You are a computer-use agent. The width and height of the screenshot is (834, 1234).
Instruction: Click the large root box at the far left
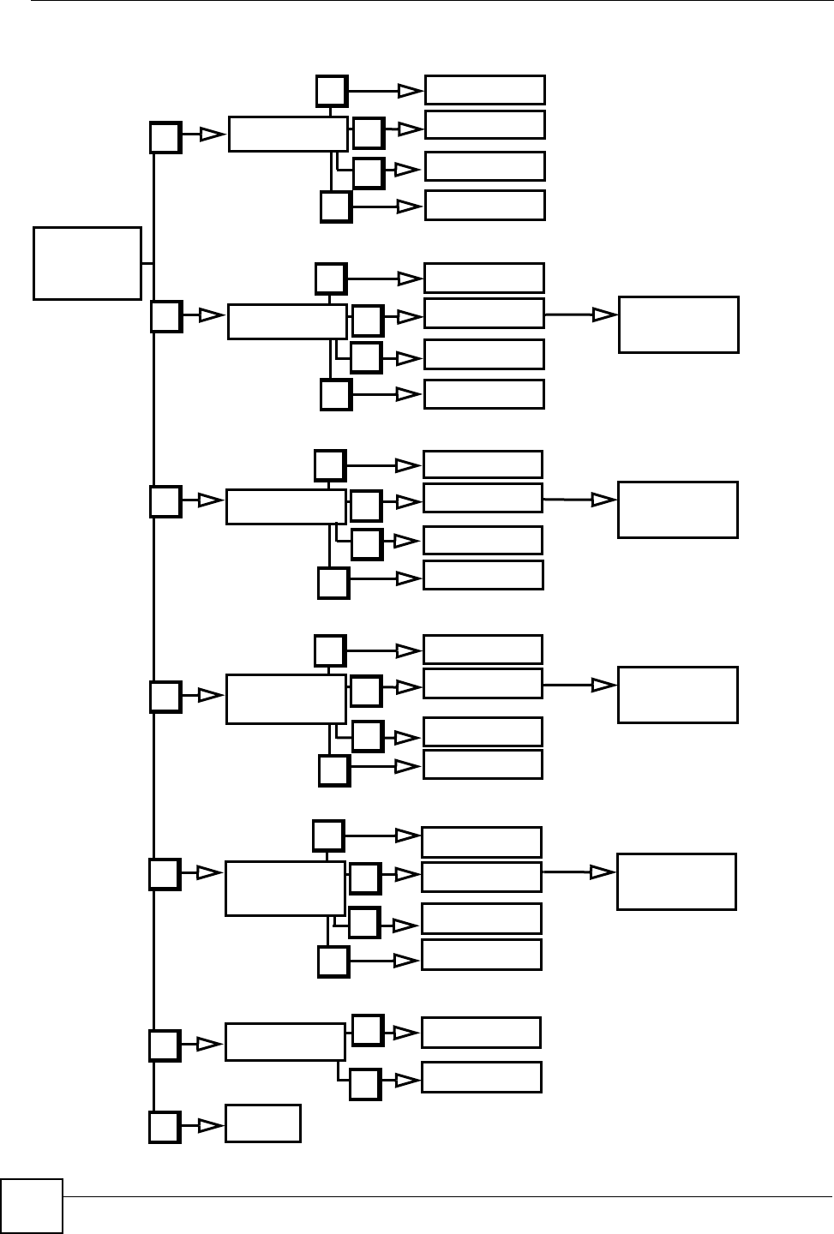click(x=87, y=263)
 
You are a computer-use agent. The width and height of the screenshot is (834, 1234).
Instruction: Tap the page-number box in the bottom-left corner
click(x=32, y=1206)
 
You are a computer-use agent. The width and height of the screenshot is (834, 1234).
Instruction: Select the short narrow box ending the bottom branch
click(x=262, y=1123)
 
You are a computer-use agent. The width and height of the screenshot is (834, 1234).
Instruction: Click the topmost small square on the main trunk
click(x=165, y=138)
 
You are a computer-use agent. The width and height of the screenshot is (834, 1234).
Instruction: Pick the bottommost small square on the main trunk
click(x=165, y=1127)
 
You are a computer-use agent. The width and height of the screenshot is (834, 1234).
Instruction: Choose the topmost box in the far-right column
click(x=678, y=324)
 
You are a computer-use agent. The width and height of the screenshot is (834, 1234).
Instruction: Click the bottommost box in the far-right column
click(x=676, y=881)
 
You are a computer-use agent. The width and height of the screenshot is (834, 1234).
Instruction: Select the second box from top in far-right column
click(x=677, y=510)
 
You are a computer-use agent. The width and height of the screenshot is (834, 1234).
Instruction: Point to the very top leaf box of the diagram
click(x=484, y=89)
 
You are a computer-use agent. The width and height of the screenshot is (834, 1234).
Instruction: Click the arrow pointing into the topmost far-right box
click(x=605, y=314)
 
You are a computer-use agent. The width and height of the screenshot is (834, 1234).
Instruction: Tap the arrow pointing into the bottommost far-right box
click(x=603, y=872)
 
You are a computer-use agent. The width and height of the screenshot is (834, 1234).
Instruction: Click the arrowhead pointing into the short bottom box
click(x=209, y=1125)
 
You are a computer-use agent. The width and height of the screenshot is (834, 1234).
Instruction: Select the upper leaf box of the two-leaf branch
click(x=481, y=1032)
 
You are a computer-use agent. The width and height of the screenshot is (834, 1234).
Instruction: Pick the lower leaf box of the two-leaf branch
click(x=481, y=1077)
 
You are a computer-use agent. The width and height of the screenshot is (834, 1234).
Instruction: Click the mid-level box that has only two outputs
click(x=285, y=1041)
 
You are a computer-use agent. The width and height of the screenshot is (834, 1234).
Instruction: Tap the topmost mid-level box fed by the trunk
click(x=288, y=135)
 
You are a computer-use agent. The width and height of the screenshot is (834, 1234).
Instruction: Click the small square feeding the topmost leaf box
click(x=332, y=90)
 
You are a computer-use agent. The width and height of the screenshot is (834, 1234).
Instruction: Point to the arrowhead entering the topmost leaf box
click(x=411, y=90)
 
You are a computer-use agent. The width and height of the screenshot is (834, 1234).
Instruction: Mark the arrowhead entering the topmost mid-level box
click(x=211, y=135)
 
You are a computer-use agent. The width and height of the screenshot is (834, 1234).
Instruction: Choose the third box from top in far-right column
click(x=677, y=695)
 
